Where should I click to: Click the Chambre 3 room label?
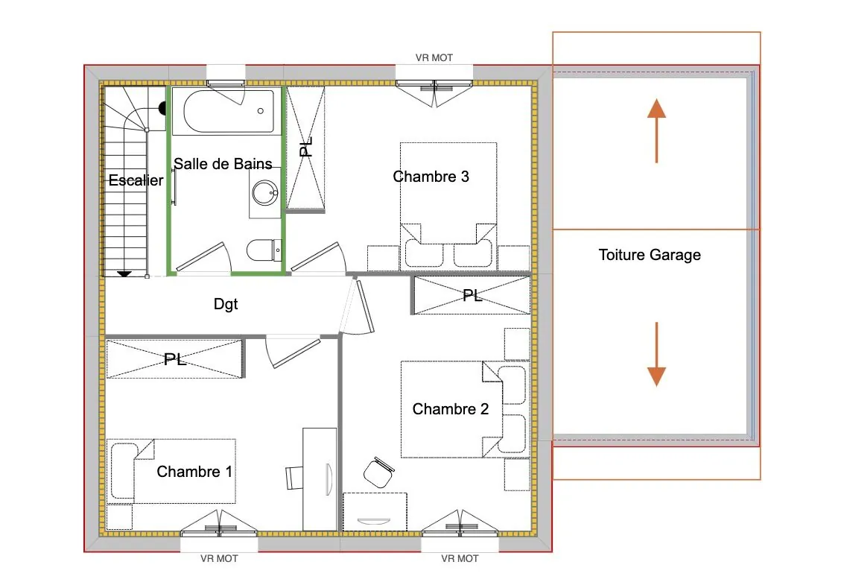pyautogui.click(x=431, y=177)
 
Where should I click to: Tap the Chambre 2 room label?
pyautogui.click(x=450, y=409)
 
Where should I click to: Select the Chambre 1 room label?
pyautogui.click(x=194, y=472)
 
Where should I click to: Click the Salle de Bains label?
pyautogui.click(x=223, y=164)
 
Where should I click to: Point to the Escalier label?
pyautogui.click(x=136, y=180)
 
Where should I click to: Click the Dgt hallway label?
pyautogui.click(x=226, y=304)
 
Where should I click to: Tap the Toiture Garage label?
pyautogui.click(x=650, y=255)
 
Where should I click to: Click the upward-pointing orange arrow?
pyautogui.click(x=656, y=130)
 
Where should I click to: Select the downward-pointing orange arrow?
pyautogui.click(x=656, y=354)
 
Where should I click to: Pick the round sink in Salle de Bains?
pyautogui.click(x=264, y=193)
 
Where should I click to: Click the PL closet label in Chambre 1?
pyautogui.click(x=176, y=360)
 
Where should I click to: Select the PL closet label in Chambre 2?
pyautogui.click(x=472, y=296)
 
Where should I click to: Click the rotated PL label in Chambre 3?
pyautogui.click(x=306, y=146)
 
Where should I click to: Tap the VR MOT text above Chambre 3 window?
pyautogui.click(x=434, y=57)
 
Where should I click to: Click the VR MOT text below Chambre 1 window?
pyautogui.click(x=219, y=558)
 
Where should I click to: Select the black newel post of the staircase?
pyautogui.click(x=162, y=109)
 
